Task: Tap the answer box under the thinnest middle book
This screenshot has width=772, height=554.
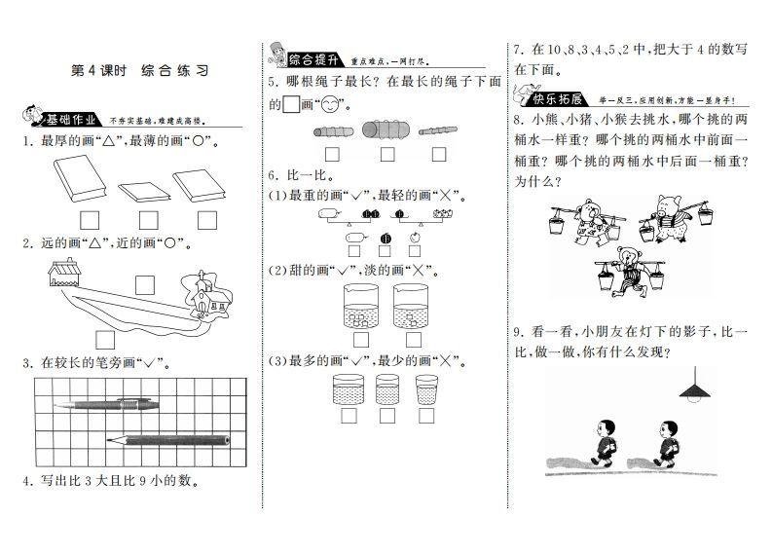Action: [148, 218]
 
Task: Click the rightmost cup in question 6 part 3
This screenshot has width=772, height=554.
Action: [426, 390]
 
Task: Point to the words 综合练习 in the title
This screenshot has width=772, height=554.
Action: [175, 71]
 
